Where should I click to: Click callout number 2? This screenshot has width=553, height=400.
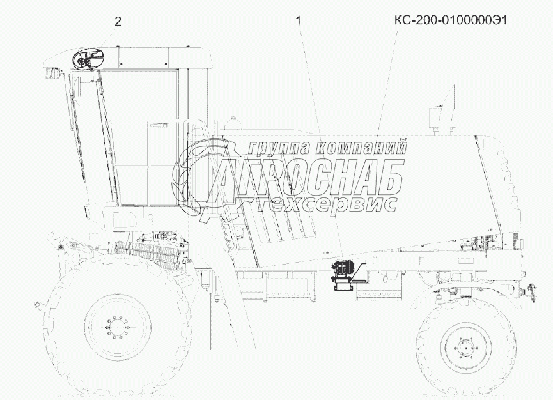point(118,22)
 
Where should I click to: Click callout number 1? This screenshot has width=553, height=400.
point(299,21)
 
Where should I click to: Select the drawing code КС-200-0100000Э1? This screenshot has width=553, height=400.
point(450,20)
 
